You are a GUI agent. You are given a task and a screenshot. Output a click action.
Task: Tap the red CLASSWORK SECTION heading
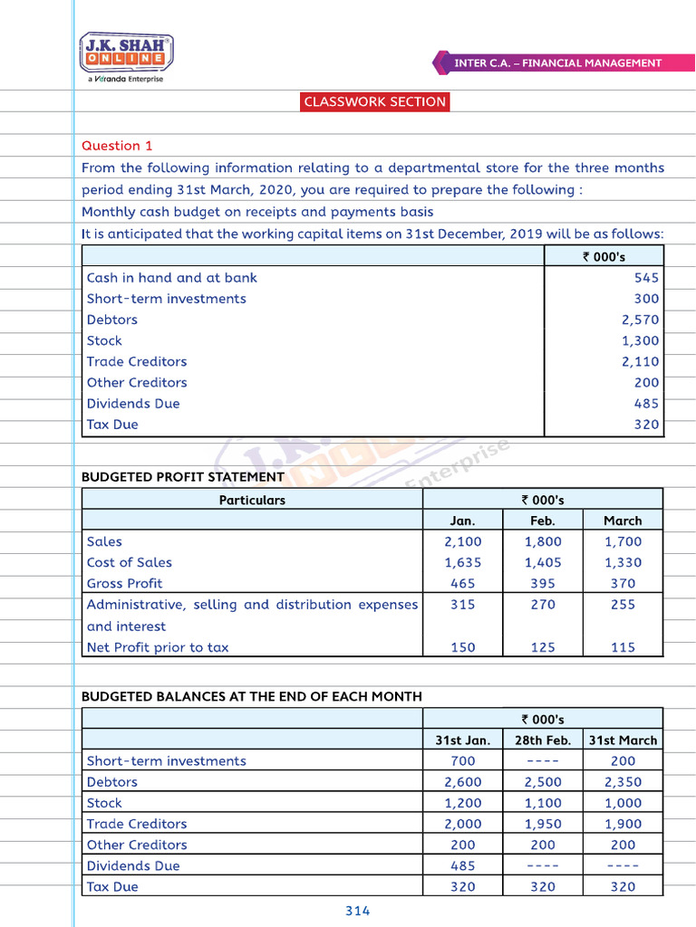tap(375, 101)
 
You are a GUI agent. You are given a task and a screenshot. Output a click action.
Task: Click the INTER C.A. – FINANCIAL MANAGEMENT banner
tap(557, 63)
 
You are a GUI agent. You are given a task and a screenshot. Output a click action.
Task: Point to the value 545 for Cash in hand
tap(646, 278)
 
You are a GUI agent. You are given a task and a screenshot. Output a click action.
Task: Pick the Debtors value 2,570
tap(640, 320)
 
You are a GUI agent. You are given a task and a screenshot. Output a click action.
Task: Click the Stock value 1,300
tap(640, 340)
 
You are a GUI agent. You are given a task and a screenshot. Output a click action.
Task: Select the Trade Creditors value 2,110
tap(640, 361)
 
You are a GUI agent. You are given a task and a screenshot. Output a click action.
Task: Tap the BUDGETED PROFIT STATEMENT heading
tap(182, 477)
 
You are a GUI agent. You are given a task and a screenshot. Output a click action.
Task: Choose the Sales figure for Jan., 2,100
tap(462, 541)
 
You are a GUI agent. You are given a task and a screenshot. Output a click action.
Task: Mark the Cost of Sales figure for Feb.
tap(542, 562)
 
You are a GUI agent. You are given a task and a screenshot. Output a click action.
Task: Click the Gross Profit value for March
tap(623, 583)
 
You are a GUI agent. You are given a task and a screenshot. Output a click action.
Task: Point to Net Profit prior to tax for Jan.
tap(462, 647)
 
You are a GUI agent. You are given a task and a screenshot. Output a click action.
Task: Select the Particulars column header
tap(252, 500)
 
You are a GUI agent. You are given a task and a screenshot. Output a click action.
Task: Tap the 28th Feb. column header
tap(542, 740)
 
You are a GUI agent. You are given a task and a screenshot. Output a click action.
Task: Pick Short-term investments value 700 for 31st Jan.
tap(462, 760)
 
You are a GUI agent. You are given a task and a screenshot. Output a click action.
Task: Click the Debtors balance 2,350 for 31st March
tap(623, 781)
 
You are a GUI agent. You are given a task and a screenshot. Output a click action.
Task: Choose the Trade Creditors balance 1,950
tap(542, 824)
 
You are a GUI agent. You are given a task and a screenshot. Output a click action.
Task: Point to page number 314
tap(358, 911)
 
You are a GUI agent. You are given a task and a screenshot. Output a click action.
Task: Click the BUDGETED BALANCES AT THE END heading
tap(251, 696)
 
